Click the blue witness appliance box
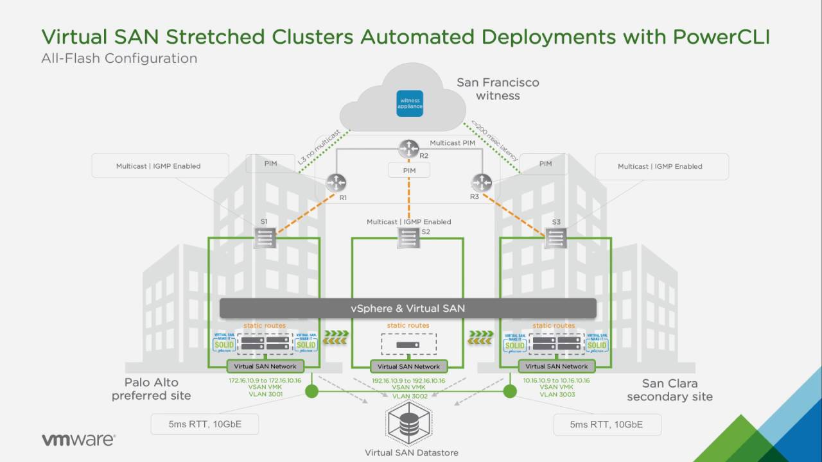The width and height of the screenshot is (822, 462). click(x=410, y=103)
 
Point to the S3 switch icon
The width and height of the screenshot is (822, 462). click(x=555, y=239)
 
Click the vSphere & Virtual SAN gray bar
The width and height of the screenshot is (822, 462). click(x=408, y=309)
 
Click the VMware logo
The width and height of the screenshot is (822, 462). click(x=78, y=440)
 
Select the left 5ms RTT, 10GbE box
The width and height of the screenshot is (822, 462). click(x=205, y=424)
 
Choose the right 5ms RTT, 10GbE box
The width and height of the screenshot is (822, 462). click(x=606, y=424)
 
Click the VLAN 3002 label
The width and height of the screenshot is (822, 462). click(x=409, y=397)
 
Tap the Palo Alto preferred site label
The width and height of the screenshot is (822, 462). click(x=152, y=389)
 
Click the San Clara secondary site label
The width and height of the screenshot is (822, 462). click(x=669, y=390)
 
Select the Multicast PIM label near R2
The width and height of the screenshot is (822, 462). click(x=452, y=143)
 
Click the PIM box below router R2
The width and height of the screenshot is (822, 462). click(x=409, y=171)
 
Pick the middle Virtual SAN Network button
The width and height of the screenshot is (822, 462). click(x=409, y=366)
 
